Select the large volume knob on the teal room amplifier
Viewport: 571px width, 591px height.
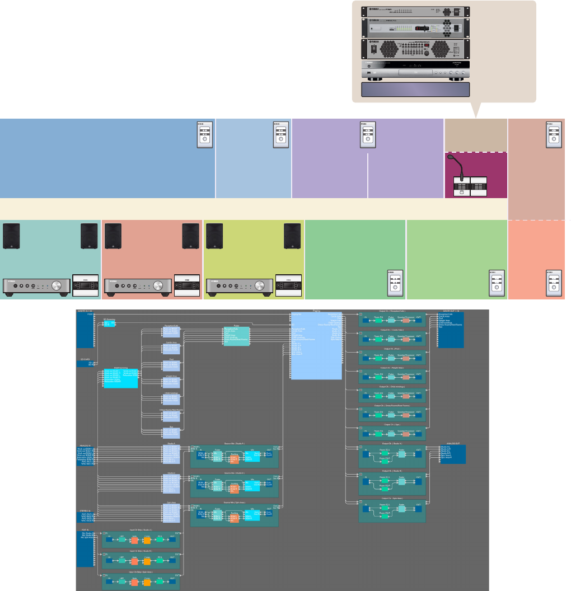pos(57,286)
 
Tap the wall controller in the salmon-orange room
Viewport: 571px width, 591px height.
pos(553,283)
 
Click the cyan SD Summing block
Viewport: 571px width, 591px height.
pos(109,323)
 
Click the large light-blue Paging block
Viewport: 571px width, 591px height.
pos(316,346)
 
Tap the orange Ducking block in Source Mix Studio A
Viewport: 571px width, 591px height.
pos(234,459)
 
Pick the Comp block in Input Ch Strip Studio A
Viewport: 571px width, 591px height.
pos(147,541)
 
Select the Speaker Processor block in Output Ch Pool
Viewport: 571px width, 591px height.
pos(406,358)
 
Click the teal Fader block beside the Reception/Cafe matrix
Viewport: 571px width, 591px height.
pos(236,335)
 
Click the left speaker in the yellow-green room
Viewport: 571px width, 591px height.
pos(214,236)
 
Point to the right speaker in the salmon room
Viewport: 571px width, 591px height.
pos(191,236)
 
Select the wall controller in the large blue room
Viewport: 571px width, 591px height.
pos(205,134)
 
